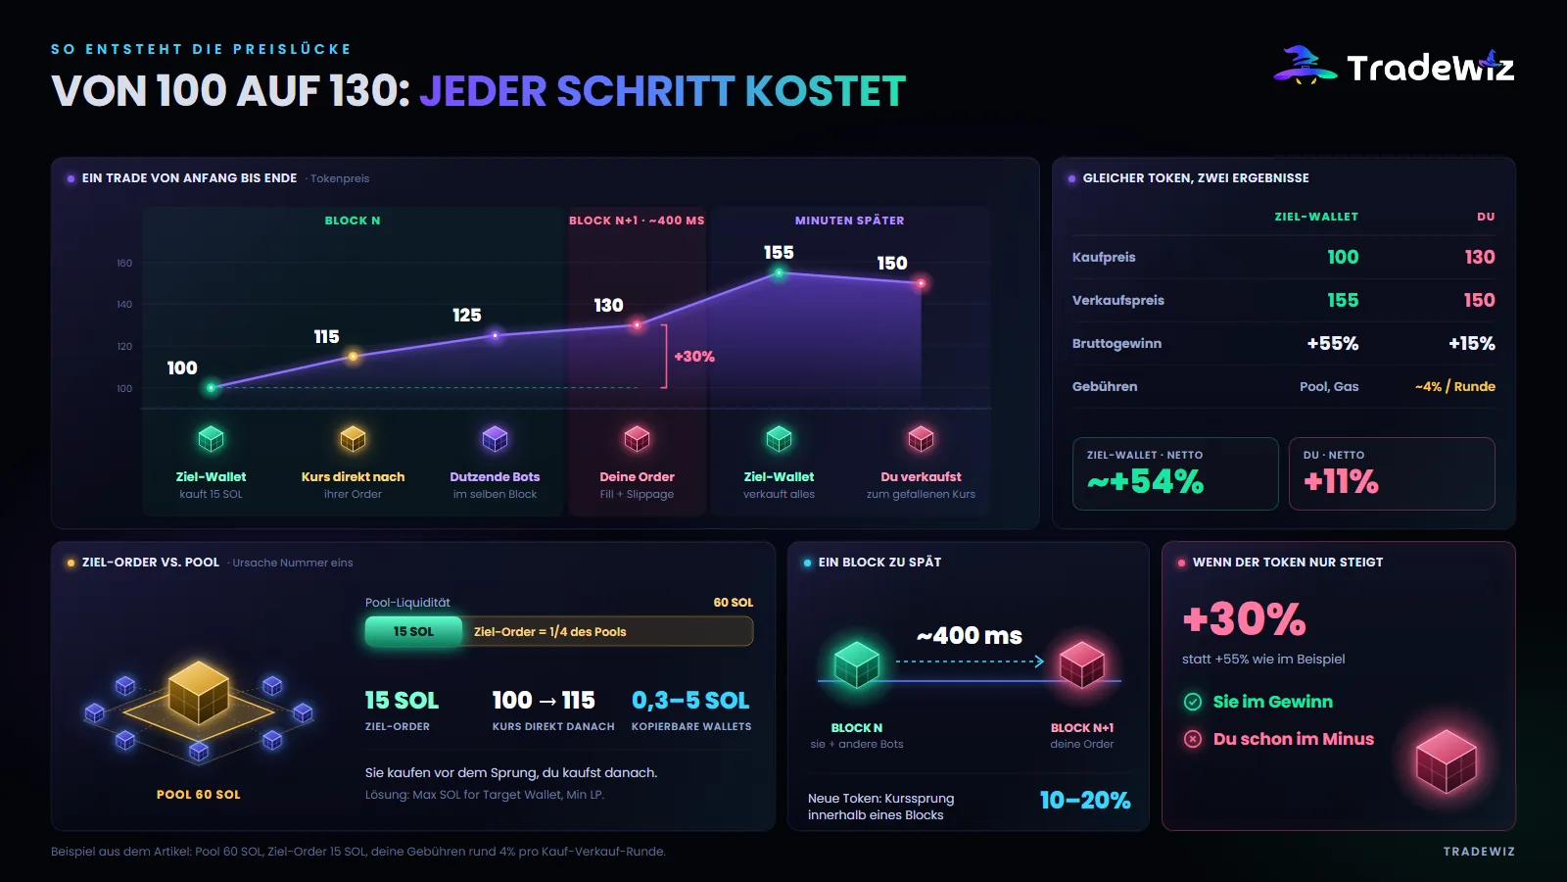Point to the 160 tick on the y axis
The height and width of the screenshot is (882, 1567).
click(123, 264)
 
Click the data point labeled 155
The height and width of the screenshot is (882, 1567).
click(779, 273)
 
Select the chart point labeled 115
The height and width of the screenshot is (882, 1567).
click(354, 357)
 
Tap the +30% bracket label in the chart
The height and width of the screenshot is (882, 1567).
click(694, 357)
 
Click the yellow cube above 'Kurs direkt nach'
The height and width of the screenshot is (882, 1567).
click(353, 439)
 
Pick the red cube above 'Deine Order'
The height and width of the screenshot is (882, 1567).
click(637, 439)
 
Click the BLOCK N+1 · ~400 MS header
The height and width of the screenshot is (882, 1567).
click(637, 220)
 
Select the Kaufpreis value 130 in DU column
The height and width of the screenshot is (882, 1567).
click(1480, 257)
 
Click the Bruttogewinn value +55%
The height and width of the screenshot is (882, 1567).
click(1333, 344)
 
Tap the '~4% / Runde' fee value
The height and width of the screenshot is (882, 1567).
click(1455, 386)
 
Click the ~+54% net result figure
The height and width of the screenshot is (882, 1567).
click(1145, 481)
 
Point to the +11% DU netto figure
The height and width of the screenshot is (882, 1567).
click(1341, 481)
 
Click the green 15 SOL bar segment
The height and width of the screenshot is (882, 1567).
click(413, 631)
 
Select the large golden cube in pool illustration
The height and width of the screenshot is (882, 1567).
click(199, 692)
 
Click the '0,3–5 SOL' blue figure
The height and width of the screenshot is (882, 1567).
click(690, 700)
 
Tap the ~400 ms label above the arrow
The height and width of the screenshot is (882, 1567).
click(969, 636)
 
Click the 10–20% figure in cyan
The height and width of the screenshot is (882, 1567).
click(1085, 800)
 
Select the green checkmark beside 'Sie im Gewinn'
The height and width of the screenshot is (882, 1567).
click(1193, 702)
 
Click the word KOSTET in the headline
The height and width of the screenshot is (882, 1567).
click(826, 91)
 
